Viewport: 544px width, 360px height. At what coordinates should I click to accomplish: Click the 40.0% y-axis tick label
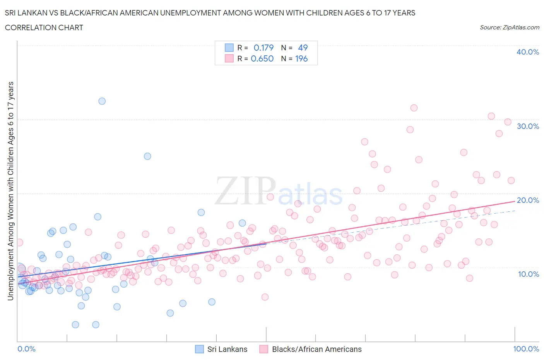(x=527, y=52)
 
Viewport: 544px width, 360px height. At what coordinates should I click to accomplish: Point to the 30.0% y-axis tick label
(x=527, y=126)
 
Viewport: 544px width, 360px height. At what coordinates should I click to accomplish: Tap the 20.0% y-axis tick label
(x=527, y=200)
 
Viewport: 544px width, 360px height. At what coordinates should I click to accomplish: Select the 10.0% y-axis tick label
(x=528, y=274)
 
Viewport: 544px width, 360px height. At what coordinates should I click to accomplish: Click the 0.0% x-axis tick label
(x=26, y=349)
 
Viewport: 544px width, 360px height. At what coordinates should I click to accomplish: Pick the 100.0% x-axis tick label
(x=526, y=349)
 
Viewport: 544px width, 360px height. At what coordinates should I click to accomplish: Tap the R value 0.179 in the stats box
(x=263, y=48)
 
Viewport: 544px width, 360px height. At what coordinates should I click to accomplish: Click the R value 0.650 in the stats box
(x=262, y=58)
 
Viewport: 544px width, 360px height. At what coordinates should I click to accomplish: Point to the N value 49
(x=303, y=48)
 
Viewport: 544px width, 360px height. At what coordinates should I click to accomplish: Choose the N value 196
(x=301, y=58)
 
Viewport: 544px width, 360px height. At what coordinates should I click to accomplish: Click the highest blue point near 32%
(x=102, y=101)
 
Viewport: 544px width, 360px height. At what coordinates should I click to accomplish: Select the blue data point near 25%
(x=147, y=156)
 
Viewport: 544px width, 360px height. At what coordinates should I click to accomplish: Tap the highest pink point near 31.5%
(x=414, y=108)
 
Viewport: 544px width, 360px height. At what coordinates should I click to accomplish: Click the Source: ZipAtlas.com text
(x=509, y=27)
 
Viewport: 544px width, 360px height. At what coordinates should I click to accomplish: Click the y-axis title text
(x=10, y=191)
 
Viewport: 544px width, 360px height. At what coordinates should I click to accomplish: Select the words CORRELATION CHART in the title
(x=44, y=27)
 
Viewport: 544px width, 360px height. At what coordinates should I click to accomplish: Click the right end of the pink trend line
(x=515, y=201)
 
